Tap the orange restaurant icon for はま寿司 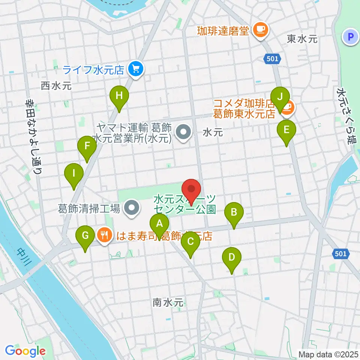(104, 235)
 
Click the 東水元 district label (302, 39)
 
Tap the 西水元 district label (56, 86)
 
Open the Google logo (25, 351)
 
